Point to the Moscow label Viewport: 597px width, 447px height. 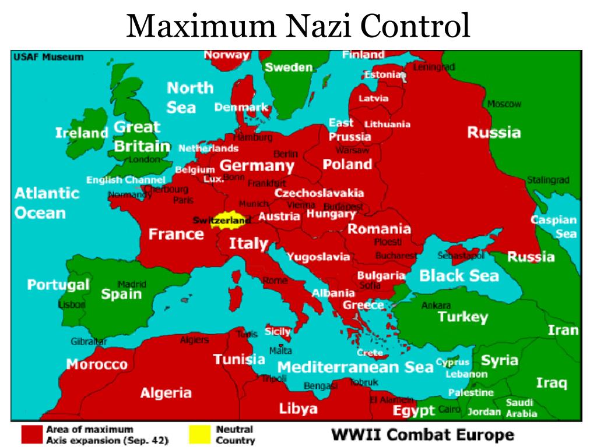point(504,104)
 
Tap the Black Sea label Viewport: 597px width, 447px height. point(459,275)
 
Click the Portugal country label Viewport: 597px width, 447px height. point(58,285)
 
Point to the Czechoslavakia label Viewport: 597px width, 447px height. point(319,193)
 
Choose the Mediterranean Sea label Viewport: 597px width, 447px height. point(355,367)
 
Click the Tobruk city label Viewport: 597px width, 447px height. point(364,382)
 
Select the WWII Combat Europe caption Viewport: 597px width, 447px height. point(423,434)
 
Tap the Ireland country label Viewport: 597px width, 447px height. point(82,133)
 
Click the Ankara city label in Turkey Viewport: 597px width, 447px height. point(436,305)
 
